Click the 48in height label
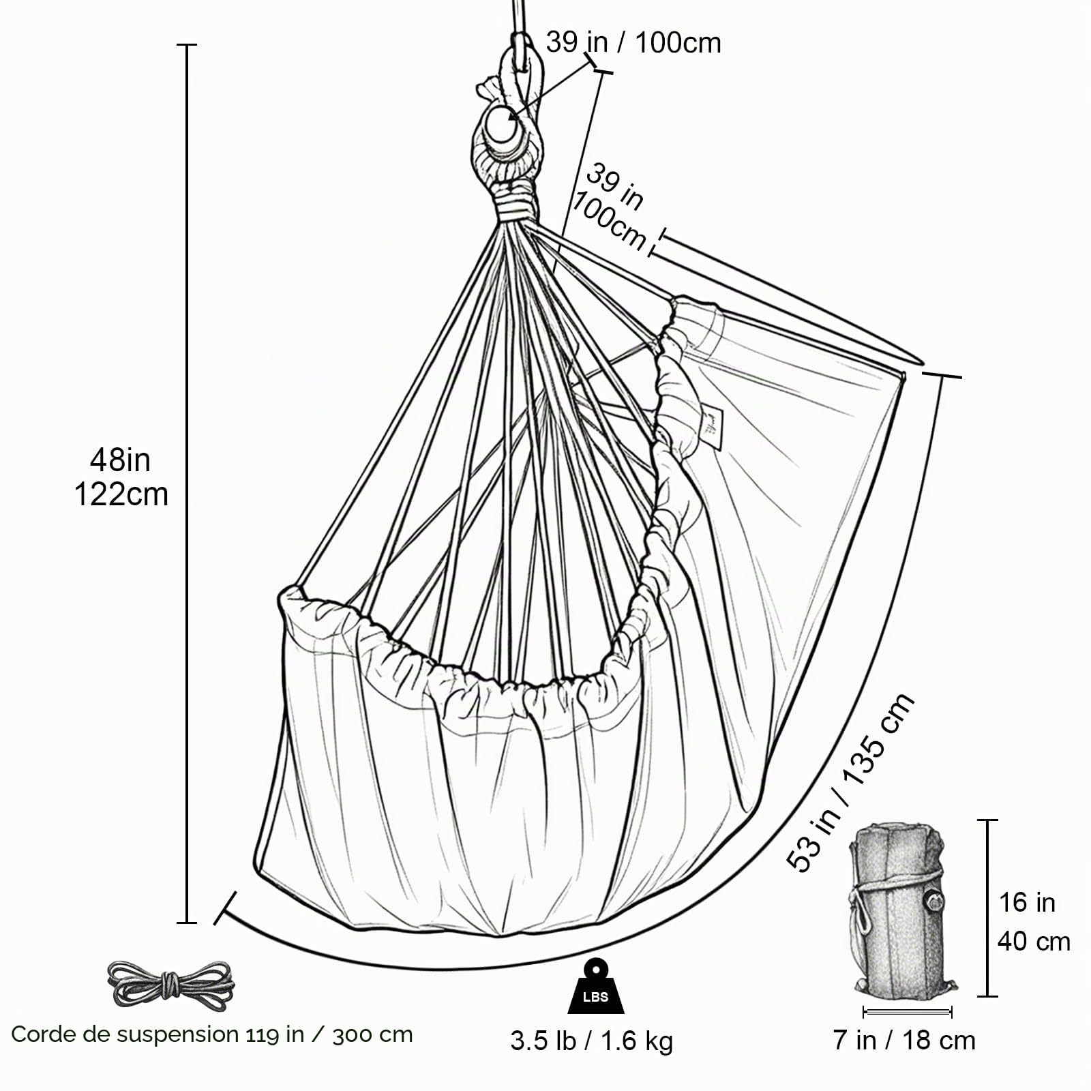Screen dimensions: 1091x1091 coord(120,460)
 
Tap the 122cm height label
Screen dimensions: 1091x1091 coord(121,494)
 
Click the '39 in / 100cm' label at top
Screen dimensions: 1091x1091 coord(633,42)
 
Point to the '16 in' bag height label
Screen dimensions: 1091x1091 coord(1027,903)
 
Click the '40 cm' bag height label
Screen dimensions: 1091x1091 coord(1034,942)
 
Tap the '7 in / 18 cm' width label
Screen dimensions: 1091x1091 coord(905,1041)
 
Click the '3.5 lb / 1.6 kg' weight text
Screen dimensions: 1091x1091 coord(591,1041)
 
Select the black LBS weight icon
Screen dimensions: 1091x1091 coord(596,985)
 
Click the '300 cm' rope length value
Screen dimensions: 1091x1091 coord(373,1034)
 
